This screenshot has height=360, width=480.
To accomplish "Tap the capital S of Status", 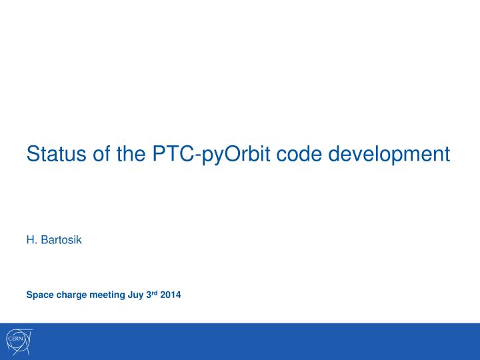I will point(33,154).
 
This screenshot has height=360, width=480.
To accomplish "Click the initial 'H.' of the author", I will point(31,239).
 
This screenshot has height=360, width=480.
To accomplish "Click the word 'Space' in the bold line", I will point(39,295).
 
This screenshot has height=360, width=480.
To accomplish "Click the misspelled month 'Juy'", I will point(136,295).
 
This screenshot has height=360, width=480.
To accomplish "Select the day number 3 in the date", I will point(148,295).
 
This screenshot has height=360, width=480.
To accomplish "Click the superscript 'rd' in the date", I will point(154,293).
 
